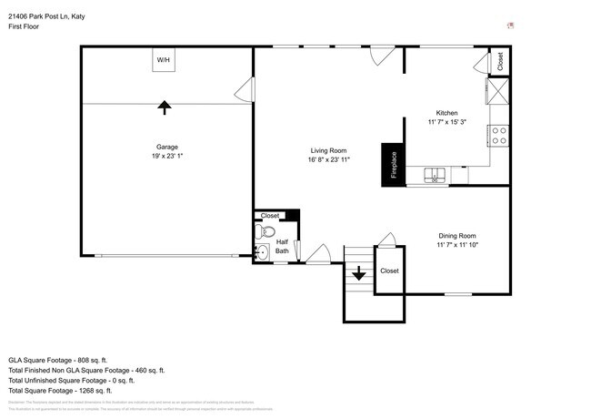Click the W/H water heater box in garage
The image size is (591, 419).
164,60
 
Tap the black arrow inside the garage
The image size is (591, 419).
165,107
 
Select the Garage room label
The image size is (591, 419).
166,147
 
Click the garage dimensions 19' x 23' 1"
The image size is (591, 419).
166,156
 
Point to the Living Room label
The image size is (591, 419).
328,150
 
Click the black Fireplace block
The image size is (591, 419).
393,166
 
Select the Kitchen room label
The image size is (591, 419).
446,113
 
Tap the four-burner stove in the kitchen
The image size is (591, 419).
498,137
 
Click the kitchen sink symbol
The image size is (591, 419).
436,175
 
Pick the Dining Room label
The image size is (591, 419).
456,235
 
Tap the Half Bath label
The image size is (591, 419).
282,246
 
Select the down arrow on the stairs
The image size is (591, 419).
359,272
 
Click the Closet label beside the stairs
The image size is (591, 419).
389,271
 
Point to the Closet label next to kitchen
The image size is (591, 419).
500,61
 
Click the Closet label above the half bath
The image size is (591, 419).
270,216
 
